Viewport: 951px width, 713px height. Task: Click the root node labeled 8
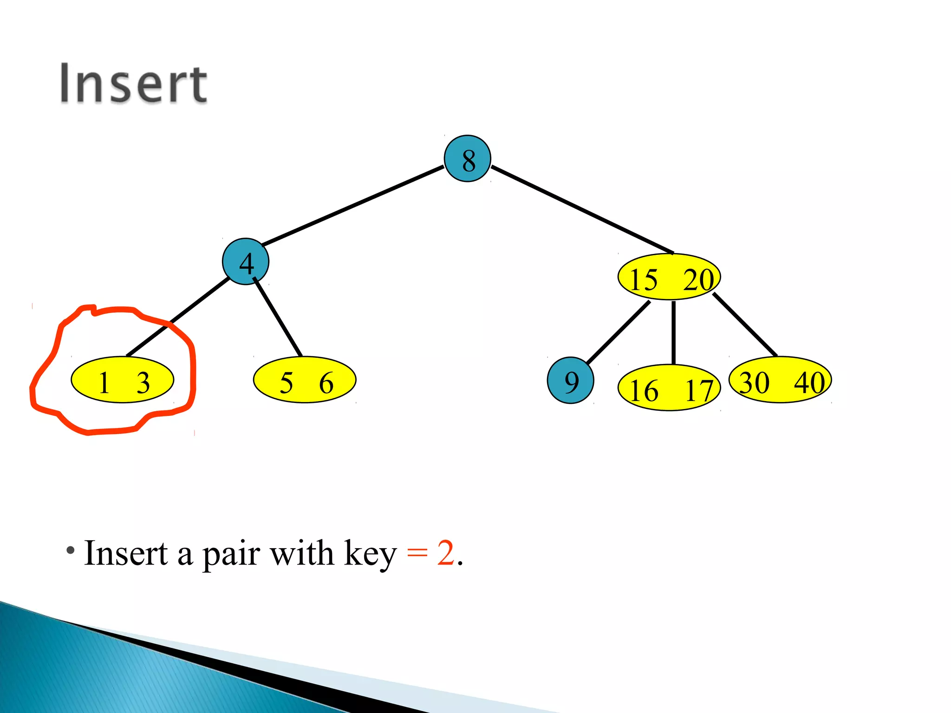(467, 159)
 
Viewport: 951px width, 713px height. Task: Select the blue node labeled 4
(246, 262)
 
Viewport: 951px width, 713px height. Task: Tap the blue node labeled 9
(571, 381)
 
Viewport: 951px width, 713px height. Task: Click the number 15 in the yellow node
(644, 279)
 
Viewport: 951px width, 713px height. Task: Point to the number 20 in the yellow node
(698, 279)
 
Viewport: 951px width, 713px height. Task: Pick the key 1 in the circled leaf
(104, 383)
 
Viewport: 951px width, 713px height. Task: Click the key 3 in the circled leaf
(143, 383)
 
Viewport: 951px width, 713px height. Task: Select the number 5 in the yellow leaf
(286, 383)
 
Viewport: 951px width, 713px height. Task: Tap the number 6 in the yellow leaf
(326, 383)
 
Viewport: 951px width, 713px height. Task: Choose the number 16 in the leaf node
(644, 390)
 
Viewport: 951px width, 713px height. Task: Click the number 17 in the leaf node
(699, 390)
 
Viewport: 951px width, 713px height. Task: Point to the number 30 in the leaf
(754, 383)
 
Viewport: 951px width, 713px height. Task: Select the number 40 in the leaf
(809, 383)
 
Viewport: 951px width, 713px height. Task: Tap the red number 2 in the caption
(445, 553)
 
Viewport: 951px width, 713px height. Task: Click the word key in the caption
(370, 554)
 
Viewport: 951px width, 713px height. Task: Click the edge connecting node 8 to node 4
(353, 205)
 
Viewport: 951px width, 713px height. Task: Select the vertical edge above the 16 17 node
(673, 332)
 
